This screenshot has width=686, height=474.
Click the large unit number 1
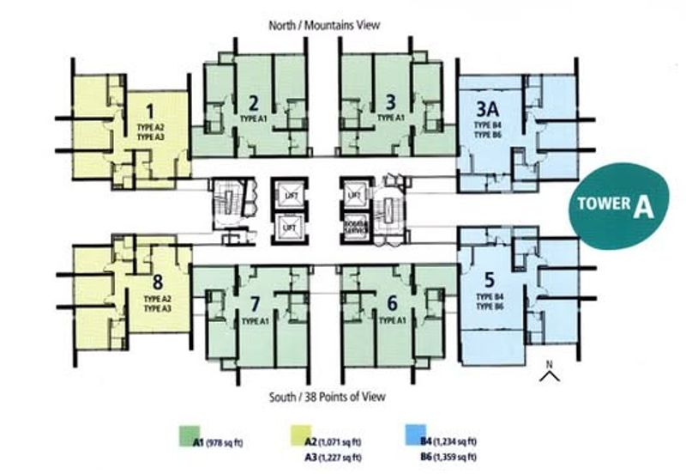151,111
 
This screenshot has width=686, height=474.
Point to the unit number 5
490,279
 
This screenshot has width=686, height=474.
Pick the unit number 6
392,302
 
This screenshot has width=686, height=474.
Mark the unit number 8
157,279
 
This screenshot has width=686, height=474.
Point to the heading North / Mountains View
325,26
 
